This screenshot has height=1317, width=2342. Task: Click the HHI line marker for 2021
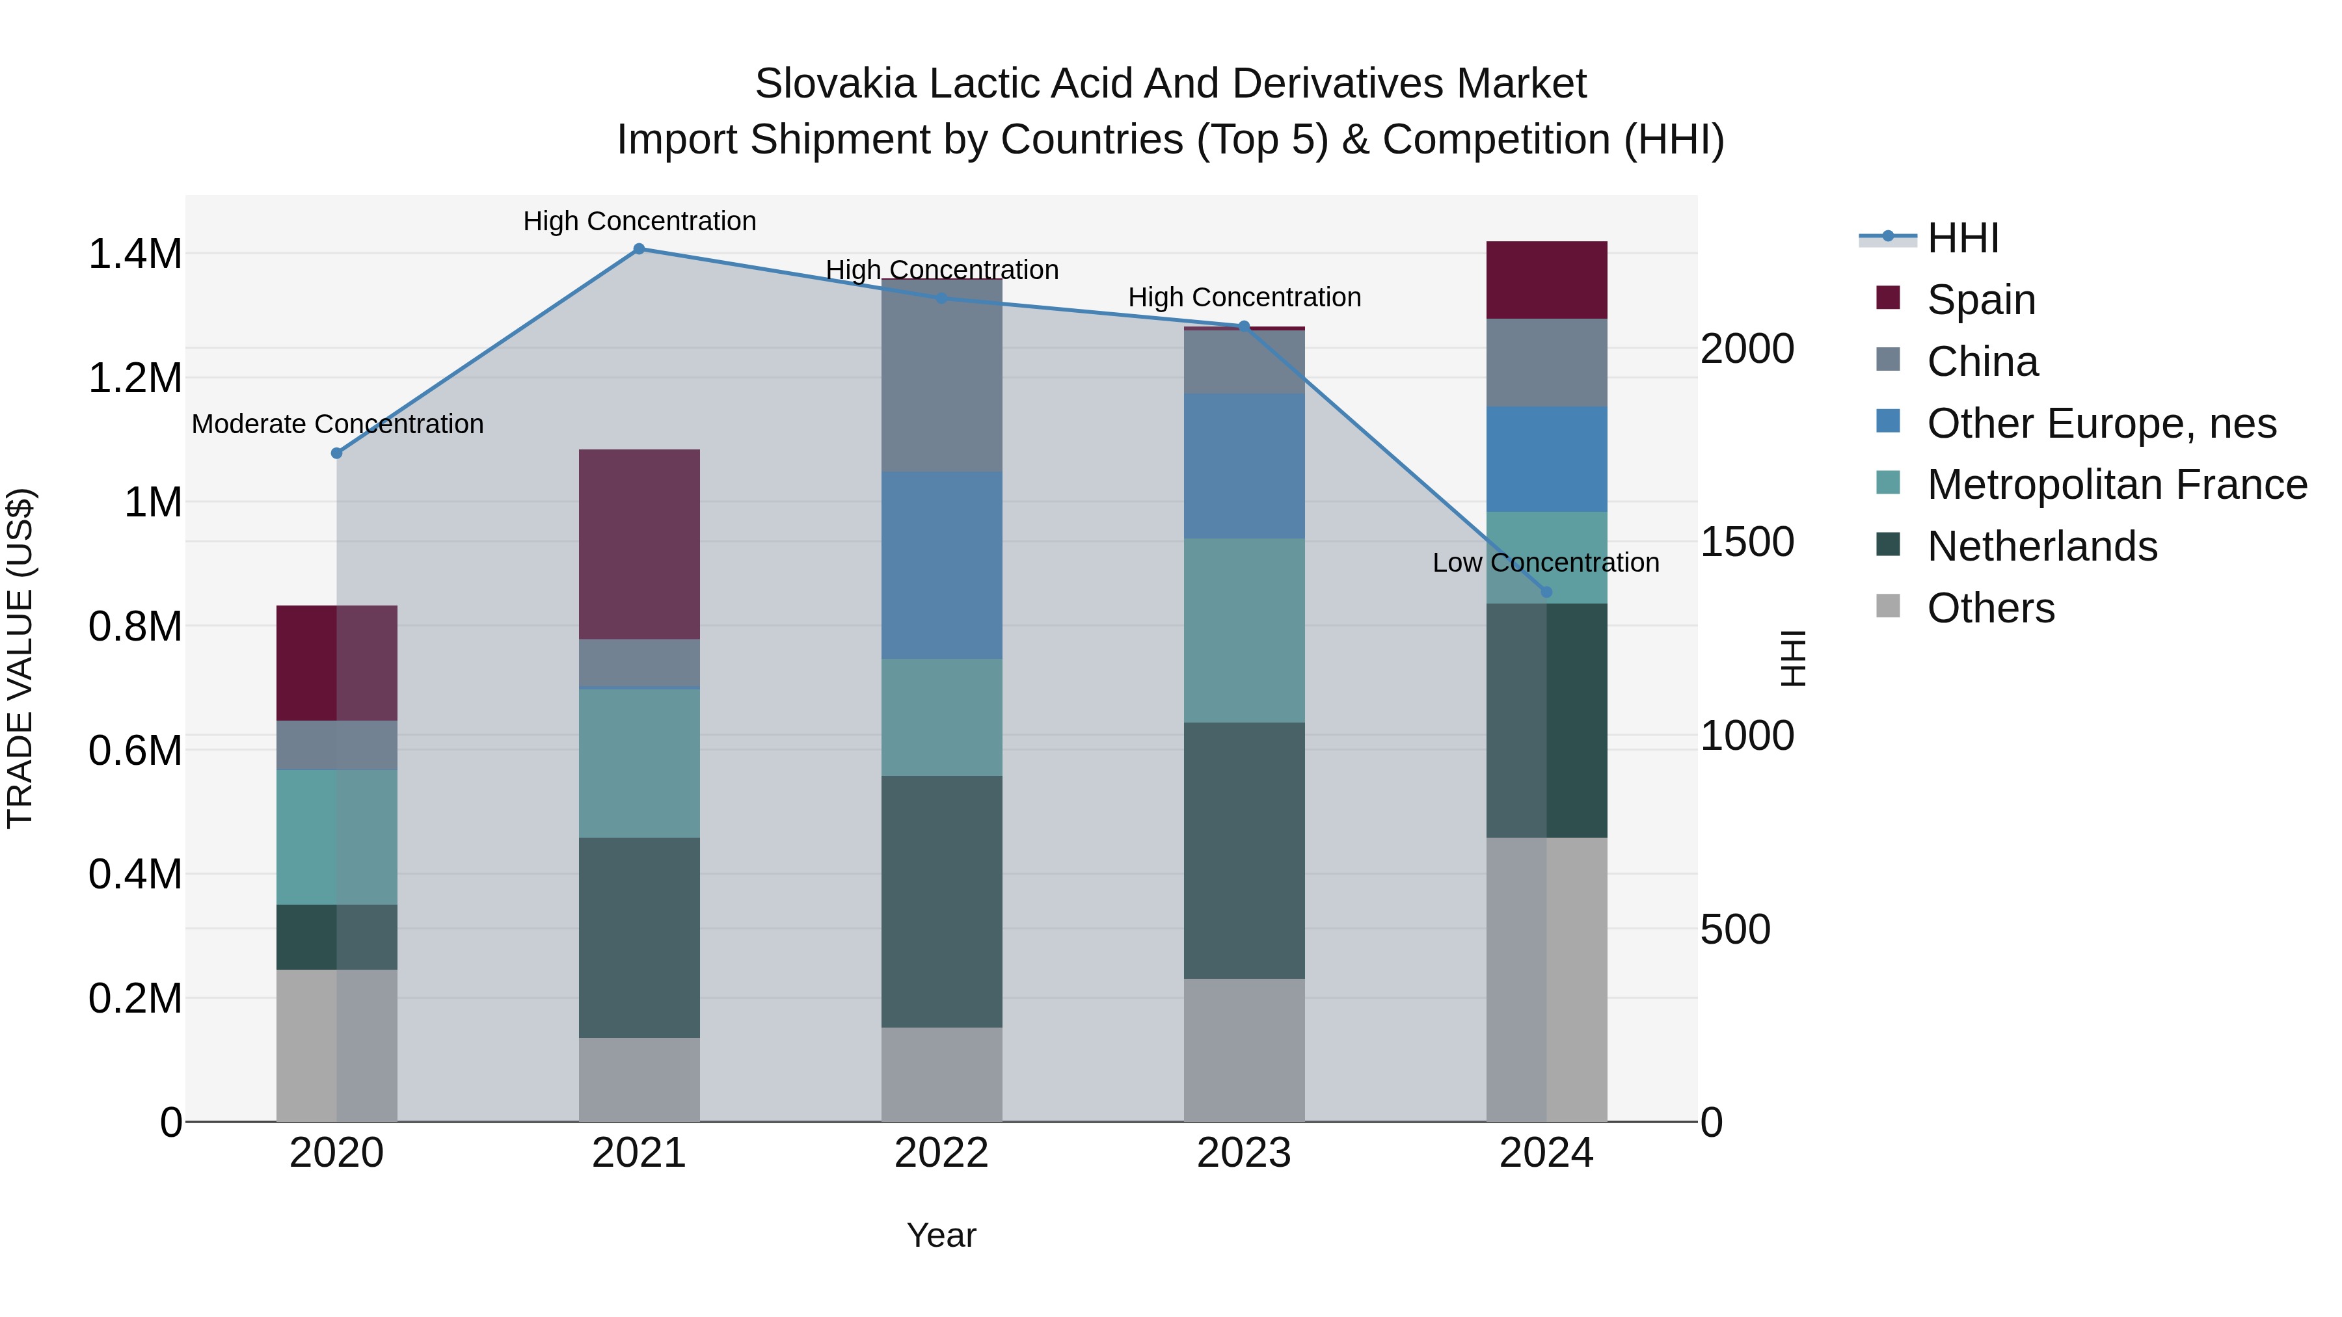click(639, 249)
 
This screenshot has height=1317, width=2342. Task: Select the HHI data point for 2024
click(1546, 592)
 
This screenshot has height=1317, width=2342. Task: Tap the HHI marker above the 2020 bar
click(336, 453)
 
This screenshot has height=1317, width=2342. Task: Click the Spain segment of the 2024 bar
click(1546, 280)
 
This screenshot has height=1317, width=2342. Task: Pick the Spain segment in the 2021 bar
click(639, 544)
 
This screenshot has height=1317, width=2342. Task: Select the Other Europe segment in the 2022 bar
click(942, 565)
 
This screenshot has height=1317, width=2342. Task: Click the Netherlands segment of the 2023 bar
click(1244, 850)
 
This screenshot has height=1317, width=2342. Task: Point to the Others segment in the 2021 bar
click(639, 1079)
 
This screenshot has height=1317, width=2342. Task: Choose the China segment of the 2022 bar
click(942, 375)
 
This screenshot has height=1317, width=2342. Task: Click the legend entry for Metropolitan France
click(2116, 485)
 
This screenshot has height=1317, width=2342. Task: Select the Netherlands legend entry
click(2042, 546)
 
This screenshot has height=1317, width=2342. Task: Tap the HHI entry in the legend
click(1962, 238)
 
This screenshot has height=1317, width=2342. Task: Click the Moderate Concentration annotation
click(337, 425)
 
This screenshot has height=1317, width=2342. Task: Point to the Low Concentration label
click(1546, 563)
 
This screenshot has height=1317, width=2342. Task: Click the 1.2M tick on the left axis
click(135, 378)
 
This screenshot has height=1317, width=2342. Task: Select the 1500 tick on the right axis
click(1747, 542)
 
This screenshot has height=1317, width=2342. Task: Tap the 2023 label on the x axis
click(1244, 1153)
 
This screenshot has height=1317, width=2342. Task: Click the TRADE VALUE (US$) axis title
click(20, 658)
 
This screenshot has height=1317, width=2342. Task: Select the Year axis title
click(941, 1235)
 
